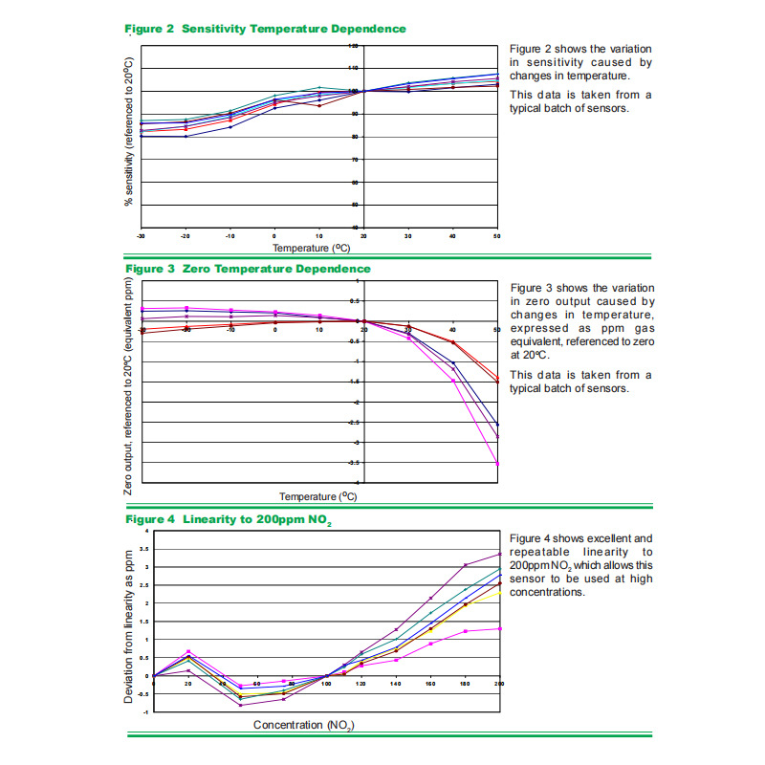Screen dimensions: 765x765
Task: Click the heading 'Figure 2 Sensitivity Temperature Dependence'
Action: (x=266, y=29)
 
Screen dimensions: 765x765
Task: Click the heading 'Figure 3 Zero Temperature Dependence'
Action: (x=248, y=269)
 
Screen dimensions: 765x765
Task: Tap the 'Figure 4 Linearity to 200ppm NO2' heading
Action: (x=229, y=519)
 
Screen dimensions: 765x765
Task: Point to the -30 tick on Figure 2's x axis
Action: (x=142, y=234)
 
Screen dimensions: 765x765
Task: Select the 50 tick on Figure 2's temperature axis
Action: (x=497, y=234)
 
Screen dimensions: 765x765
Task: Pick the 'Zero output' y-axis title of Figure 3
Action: (x=128, y=386)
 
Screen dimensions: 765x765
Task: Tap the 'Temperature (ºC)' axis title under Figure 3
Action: (x=318, y=496)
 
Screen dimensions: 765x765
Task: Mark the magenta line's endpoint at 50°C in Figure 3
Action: (x=497, y=464)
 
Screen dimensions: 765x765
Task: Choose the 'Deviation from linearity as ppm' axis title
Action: (x=128, y=626)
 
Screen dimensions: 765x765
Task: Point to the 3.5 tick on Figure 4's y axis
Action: (x=144, y=549)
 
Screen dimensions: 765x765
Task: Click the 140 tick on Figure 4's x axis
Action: (x=396, y=684)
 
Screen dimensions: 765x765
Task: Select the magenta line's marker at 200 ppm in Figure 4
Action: (x=499, y=628)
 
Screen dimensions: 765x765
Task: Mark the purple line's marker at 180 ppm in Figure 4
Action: (x=465, y=565)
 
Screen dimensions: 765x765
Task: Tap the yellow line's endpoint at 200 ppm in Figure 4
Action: (x=499, y=593)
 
